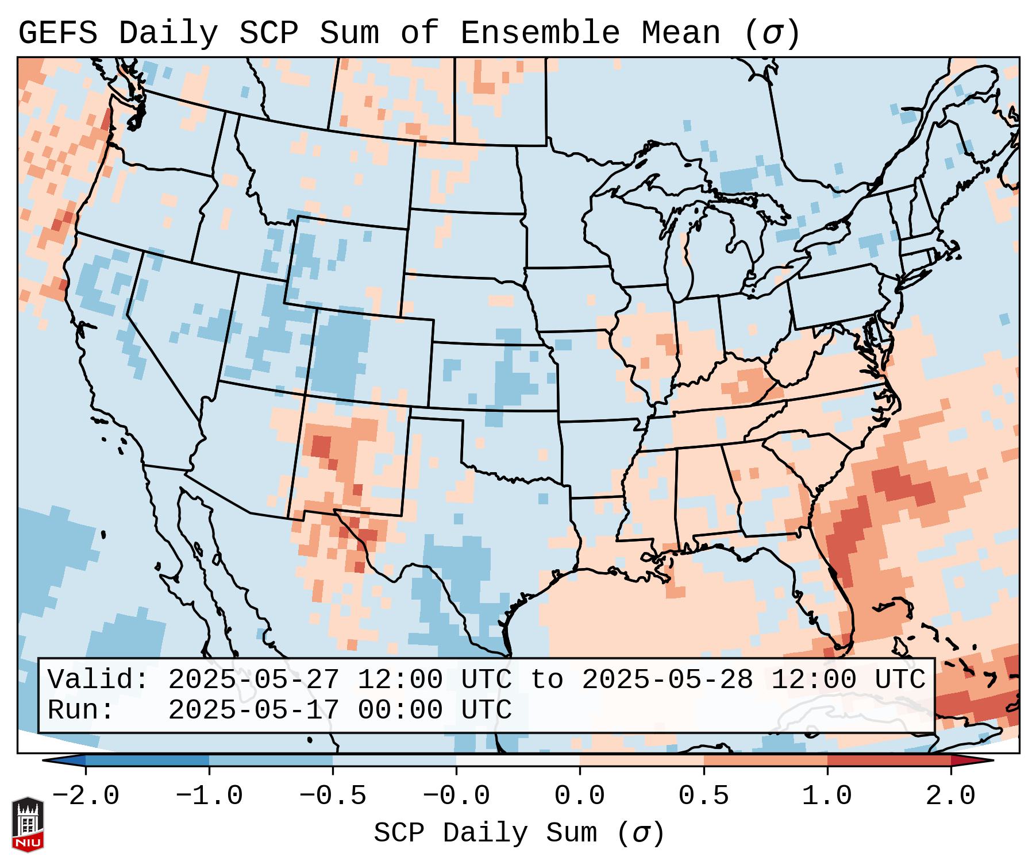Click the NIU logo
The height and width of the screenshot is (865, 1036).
click(x=28, y=824)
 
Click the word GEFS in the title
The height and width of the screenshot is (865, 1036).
click(x=57, y=33)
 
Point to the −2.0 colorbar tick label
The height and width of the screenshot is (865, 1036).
click(x=86, y=796)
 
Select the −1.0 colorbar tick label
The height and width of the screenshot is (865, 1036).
click(x=209, y=796)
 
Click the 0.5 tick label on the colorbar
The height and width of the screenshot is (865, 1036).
click(x=703, y=796)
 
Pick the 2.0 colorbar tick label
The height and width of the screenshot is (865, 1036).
click(x=950, y=796)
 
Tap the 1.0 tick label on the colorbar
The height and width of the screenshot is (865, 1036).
click(x=827, y=796)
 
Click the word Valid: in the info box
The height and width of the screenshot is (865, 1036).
click(x=98, y=680)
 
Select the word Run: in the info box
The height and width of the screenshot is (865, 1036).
click(x=81, y=710)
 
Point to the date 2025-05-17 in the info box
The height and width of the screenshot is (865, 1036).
click(x=253, y=710)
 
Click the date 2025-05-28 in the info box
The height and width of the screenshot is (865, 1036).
click(x=667, y=680)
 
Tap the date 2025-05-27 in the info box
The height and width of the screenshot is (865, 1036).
click(x=253, y=680)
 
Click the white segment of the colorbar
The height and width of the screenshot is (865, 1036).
click(x=518, y=760)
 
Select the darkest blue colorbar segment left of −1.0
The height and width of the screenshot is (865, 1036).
click(x=147, y=760)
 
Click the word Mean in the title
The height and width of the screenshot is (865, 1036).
click(x=681, y=33)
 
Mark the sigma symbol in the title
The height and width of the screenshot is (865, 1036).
click(x=772, y=33)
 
